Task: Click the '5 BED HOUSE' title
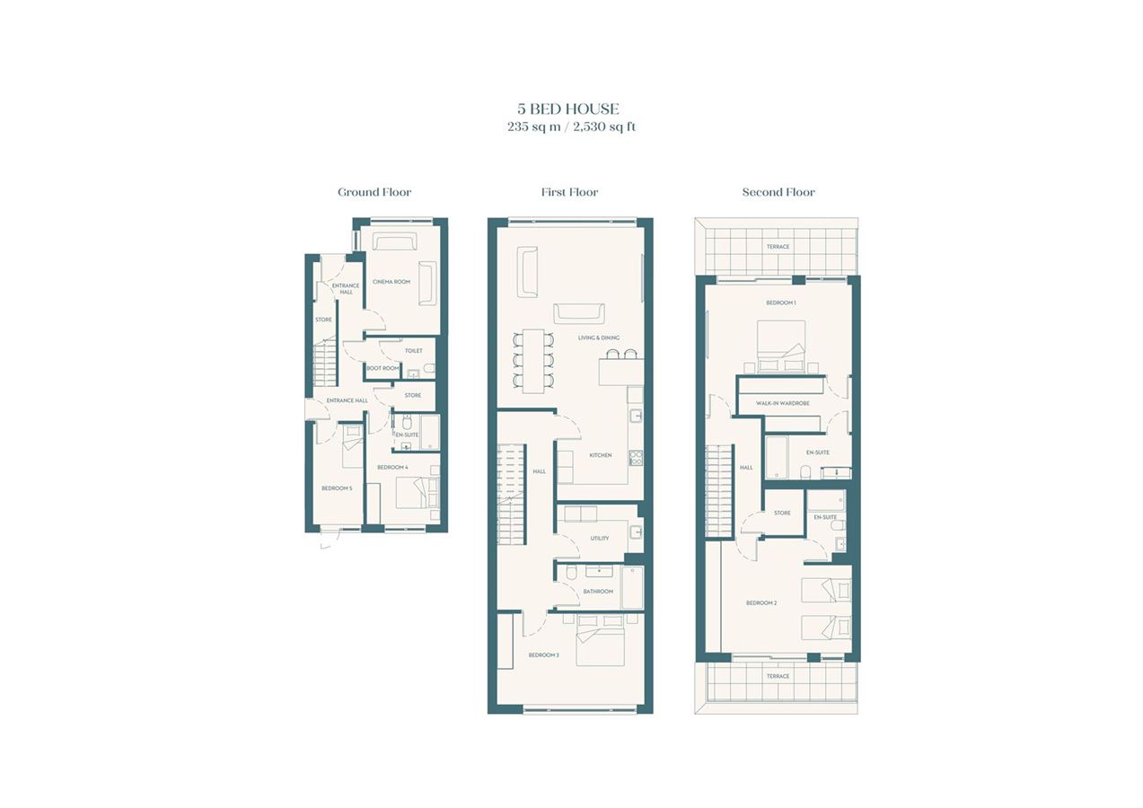point(568,109)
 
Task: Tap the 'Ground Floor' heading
point(374,192)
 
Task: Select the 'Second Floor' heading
point(778,192)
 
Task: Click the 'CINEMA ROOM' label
point(391,282)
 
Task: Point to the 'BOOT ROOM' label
point(382,368)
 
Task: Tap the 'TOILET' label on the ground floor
point(413,351)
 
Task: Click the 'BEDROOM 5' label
point(337,488)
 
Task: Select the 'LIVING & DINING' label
point(599,338)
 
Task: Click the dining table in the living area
point(533,361)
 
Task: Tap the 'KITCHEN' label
point(601,455)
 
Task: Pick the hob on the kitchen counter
point(637,458)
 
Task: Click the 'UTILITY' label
point(600,538)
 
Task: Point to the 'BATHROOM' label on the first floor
point(598,592)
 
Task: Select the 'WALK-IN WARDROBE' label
point(783,403)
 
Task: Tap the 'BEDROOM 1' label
point(781,303)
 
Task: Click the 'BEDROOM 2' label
point(761,603)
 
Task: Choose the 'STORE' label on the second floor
point(782,513)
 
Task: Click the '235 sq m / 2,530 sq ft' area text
point(571,127)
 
